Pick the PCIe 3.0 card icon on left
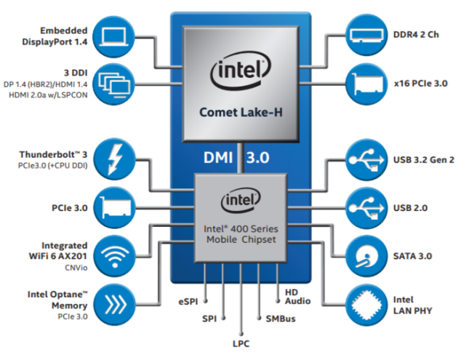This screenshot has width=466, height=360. coord(115,208)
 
